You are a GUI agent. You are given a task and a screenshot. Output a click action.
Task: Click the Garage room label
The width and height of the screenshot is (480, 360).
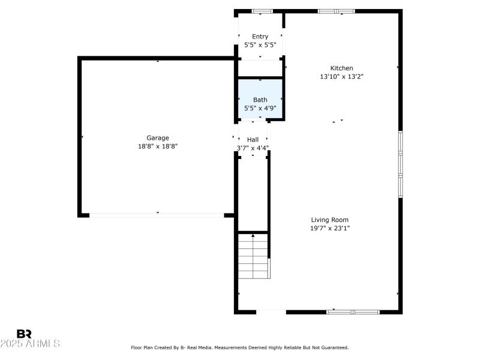click(158, 137)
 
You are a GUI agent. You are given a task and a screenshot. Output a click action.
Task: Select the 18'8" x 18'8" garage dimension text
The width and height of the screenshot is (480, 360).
click(158, 146)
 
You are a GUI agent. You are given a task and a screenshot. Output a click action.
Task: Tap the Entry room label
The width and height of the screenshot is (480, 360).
click(260, 37)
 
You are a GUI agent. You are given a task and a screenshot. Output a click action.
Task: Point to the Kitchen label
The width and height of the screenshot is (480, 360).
click(341, 68)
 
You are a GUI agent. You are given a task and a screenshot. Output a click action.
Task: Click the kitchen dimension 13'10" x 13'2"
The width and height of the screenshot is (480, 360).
click(341, 76)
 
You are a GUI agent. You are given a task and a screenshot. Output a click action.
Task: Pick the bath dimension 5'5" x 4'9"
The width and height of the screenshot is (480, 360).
click(260, 108)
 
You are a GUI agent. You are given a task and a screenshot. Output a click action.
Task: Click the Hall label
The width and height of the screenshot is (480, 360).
click(253, 139)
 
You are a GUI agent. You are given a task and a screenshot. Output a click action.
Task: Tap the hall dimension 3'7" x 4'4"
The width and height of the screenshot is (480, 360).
click(253, 148)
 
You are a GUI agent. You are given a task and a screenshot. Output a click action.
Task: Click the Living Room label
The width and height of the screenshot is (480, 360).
click(329, 220)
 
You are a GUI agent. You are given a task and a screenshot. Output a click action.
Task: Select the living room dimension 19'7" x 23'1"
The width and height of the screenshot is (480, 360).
click(329, 228)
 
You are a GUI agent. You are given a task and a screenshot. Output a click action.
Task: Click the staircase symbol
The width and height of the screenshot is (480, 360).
click(253, 256)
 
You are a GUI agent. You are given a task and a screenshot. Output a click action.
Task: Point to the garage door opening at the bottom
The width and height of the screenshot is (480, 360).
click(157, 215)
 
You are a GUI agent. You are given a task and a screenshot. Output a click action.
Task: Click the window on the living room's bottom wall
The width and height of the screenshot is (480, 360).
click(353, 311)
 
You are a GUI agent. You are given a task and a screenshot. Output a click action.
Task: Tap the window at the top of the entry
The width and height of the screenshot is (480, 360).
click(262, 11)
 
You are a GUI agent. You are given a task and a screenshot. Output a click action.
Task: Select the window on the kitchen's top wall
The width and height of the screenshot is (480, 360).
click(336, 11)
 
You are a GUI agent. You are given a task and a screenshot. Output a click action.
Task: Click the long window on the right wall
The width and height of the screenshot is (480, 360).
click(400, 163)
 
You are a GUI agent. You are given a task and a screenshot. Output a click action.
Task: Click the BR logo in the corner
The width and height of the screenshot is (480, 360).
click(24, 334)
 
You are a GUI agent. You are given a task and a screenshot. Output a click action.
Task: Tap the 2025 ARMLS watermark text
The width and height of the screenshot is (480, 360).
click(30, 344)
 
